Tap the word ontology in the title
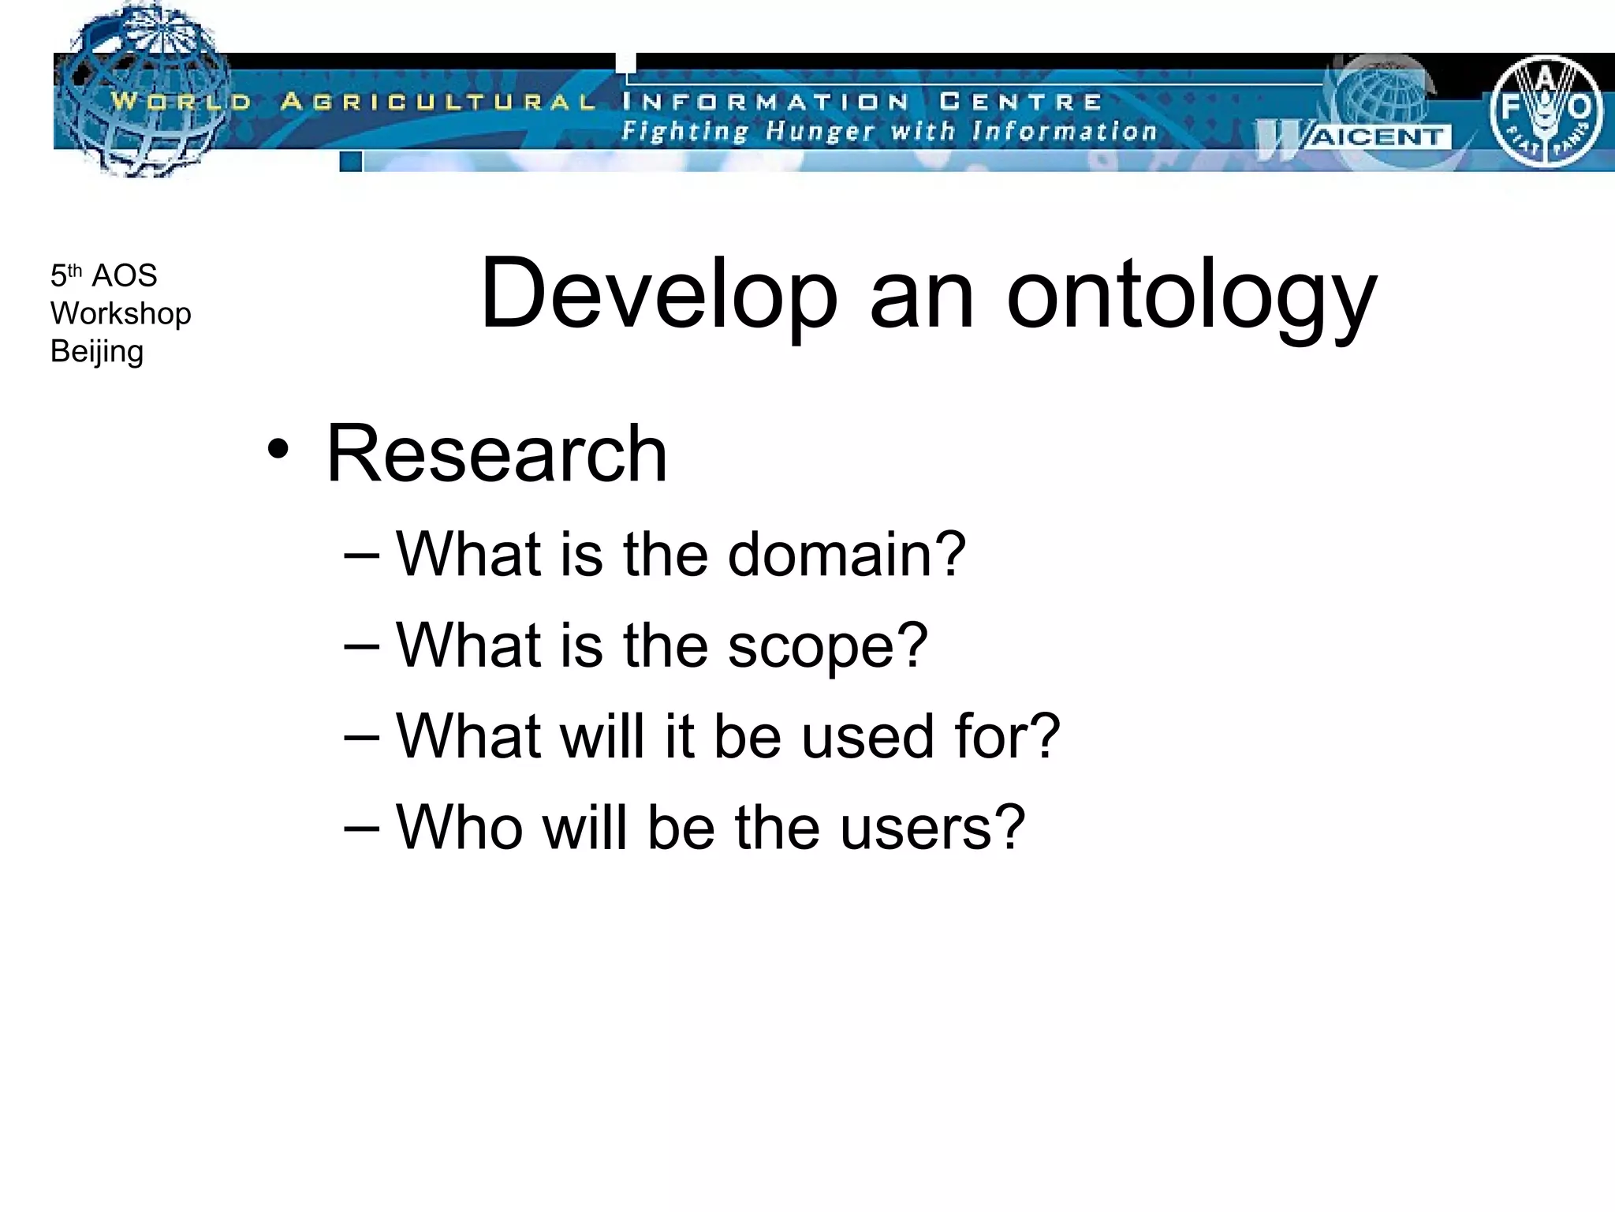[x=1192, y=297]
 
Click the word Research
[x=497, y=454]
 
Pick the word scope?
[x=827, y=645]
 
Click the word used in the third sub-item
[x=869, y=736]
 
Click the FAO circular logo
[x=1546, y=111]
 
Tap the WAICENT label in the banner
[x=1376, y=137]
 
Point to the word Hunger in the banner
[x=819, y=131]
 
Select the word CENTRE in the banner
[x=1020, y=102]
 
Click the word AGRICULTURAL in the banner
[x=438, y=102]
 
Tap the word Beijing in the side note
[x=97, y=352]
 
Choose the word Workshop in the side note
[x=121, y=314]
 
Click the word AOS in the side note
[x=125, y=276]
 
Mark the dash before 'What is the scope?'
[x=362, y=645]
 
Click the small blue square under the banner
[x=351, y=162]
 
